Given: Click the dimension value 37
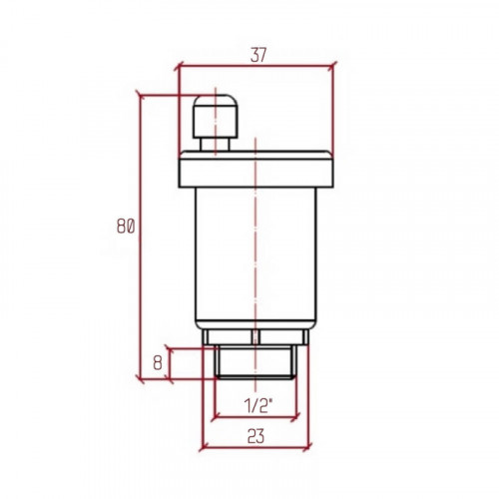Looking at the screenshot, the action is point(258,55).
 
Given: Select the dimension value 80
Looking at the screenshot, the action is point(126,227).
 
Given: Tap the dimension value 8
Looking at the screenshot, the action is point(158,363).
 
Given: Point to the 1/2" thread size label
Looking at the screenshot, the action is point(258,405).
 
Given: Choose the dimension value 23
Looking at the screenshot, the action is point(255,436).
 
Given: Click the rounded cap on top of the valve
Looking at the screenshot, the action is point(216,117).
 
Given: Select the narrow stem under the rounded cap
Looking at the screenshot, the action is point(215,145).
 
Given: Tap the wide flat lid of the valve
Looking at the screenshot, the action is point(255,169).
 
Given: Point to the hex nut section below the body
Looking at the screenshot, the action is point(255,337).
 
